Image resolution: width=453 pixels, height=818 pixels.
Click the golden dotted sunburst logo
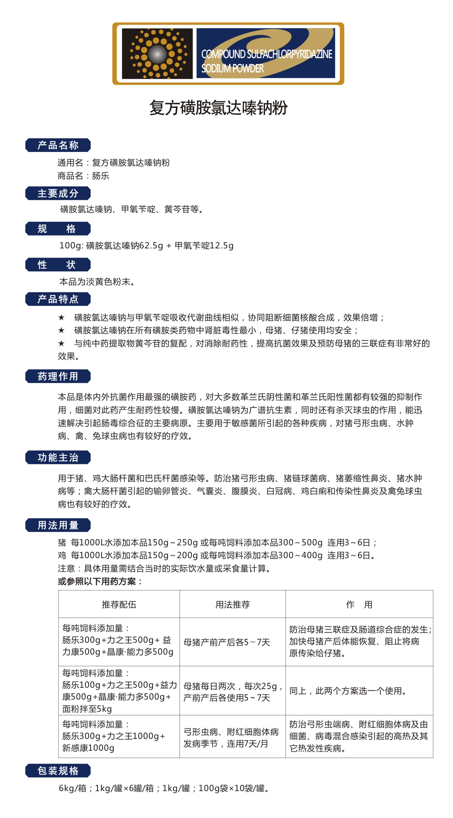157,53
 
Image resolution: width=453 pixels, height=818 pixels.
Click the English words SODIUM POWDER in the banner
232,69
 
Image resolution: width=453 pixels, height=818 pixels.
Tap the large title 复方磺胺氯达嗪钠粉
218,108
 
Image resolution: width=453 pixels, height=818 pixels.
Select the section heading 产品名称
58,145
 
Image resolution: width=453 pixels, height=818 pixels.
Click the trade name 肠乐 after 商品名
100,176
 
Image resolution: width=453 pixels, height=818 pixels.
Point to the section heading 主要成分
58,193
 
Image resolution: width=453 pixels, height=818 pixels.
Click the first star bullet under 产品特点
61,317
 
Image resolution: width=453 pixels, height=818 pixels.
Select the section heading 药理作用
58,376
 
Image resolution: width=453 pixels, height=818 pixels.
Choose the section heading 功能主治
58,457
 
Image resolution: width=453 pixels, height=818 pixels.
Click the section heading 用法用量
58,525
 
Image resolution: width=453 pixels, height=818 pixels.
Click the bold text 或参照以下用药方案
100,582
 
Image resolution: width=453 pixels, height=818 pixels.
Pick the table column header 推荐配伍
119,604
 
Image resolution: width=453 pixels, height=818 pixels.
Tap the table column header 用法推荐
232,604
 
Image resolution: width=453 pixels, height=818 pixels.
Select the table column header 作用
359,604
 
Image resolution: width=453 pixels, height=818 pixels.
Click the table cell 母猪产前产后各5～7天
227,642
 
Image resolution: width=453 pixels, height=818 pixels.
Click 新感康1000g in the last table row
88,748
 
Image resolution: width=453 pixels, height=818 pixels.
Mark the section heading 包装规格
58,771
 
